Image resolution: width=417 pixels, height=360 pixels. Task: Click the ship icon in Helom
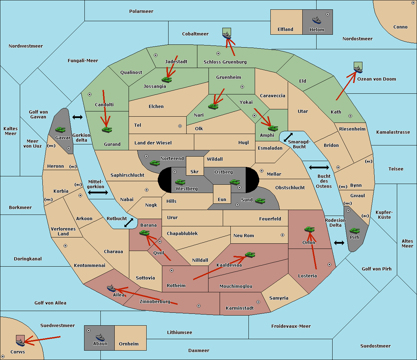(317, 20)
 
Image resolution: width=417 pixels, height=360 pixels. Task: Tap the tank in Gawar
(60, 129)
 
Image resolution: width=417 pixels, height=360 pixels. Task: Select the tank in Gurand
(107, 129)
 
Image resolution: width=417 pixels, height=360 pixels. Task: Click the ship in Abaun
(100, 337)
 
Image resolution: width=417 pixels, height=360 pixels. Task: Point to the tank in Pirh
(354, 231)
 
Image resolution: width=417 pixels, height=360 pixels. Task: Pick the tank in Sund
(260, 201)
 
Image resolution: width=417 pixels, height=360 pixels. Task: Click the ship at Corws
(20, 342)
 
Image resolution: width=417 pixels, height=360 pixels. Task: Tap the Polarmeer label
(141, 11)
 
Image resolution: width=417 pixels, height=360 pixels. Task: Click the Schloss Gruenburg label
(225, 62)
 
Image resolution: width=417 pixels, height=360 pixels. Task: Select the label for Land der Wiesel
(153, 143)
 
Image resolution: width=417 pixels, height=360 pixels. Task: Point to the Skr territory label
(194, 171)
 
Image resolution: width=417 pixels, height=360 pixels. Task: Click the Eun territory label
(222, 199)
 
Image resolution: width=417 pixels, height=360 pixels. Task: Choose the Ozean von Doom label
(377, 79)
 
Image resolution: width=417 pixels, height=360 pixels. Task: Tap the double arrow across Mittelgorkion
(98, 192)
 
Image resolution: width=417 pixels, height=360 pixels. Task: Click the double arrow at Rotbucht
(129, 223)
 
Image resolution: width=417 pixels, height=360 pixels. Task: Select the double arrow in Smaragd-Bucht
(288, 137)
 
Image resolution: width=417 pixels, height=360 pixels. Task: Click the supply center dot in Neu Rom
(283, 235)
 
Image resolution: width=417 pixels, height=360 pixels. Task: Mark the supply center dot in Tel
(180, 126)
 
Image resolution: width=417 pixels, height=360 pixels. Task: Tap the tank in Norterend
(155, 163)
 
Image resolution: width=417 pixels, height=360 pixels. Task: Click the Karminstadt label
(240, 308)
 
